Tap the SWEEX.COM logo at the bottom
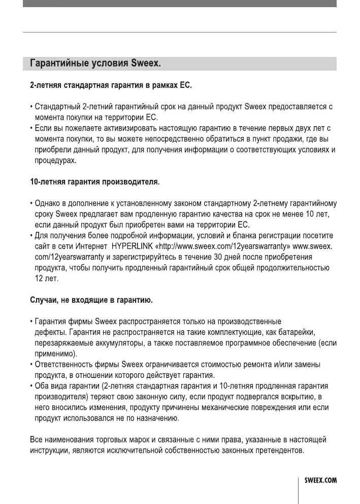click(x=320, y=480)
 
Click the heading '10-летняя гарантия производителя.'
click(x=94, y=181)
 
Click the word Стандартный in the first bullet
click(x=57, y=107)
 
